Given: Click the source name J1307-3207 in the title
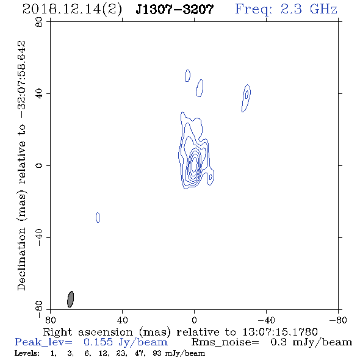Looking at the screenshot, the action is (x=175, y=10).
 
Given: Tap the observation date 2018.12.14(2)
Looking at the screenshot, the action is (x=72, y=10).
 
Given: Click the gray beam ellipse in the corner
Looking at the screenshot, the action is (x=71, y=299).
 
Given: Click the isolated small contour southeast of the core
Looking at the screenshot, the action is (x=98, y=217).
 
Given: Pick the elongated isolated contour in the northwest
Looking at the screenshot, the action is (x=246, y=98).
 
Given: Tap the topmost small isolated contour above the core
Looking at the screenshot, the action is (x=187, y=76).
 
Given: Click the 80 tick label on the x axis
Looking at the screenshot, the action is (x=50, y=320).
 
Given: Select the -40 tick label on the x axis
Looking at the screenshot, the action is (x=266, y=320).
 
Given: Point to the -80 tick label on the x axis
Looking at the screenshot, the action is (x=338, y=320).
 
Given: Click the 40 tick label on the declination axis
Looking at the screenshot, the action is (x=39, y=94).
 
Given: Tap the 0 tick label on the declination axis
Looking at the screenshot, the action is (x=39, y=165).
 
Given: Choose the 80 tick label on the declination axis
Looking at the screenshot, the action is (x=39, y=22).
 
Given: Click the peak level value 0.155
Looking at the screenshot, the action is (x=98, y=342).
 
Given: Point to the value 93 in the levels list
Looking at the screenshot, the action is (x=156, y=353).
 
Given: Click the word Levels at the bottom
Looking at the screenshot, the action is (x=27, y=353).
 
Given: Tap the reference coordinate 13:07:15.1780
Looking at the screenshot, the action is (x=280, y=332).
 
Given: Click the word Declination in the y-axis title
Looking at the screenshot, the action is (x=21, y=259).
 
